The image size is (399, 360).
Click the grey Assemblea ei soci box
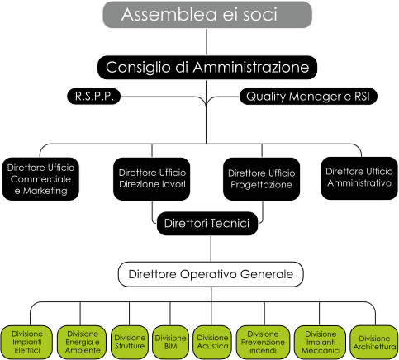(x=207, y=15)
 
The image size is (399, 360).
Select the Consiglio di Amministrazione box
(x=207, y=68)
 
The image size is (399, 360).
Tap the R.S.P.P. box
(x=94, y=97)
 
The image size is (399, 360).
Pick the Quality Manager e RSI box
(x=308, y=97)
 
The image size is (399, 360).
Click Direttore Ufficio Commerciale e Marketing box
(x=40, y=179)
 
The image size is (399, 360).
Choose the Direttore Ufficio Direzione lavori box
(x=152, y=179)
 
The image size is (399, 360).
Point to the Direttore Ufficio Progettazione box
(x=261, y=179)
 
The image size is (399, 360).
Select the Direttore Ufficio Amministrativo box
(x=359, y=178)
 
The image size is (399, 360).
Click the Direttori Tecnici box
(x=207, y=223)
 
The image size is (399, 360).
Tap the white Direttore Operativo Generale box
(x=211, y=274)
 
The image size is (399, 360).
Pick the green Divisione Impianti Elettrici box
(x=26, y=342)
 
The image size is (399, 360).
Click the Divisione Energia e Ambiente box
(x=83, y=342)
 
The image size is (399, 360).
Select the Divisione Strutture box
(x=130, y=342)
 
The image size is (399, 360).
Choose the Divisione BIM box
(x=170, y=342)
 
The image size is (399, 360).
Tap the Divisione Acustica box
(x=212, y=342)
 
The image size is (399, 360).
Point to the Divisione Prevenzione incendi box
(x=263, y=342)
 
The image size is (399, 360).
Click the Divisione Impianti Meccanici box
(x=321, y=342)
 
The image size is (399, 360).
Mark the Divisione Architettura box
(x=374, y=342)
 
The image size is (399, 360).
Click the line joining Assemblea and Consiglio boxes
(x=207, y=42)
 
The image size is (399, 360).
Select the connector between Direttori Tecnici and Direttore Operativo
(x=211, y=249)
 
